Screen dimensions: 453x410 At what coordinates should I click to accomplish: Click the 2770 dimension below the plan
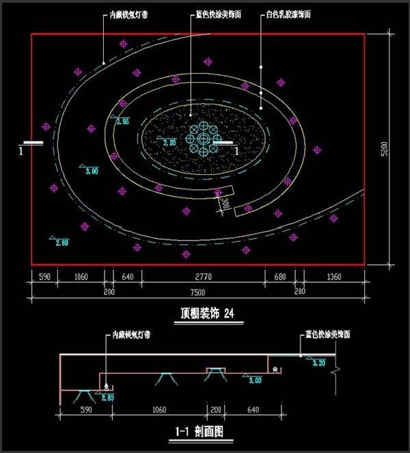point(204,277)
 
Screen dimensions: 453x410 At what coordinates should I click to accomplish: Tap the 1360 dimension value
point(334,277)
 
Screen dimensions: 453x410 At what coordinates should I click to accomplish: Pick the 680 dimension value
point(279,277)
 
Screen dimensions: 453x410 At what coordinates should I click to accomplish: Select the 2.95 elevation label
point(123,122)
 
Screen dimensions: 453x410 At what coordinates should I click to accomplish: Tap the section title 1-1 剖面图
point(204,432)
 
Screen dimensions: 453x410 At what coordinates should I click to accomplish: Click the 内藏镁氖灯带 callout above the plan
point(130,14)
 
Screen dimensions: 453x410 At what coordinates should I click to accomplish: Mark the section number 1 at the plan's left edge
point(23,149)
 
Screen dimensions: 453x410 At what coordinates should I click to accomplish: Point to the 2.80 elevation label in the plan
point(61,242)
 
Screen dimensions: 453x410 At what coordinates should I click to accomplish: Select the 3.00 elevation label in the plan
point(90,171)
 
